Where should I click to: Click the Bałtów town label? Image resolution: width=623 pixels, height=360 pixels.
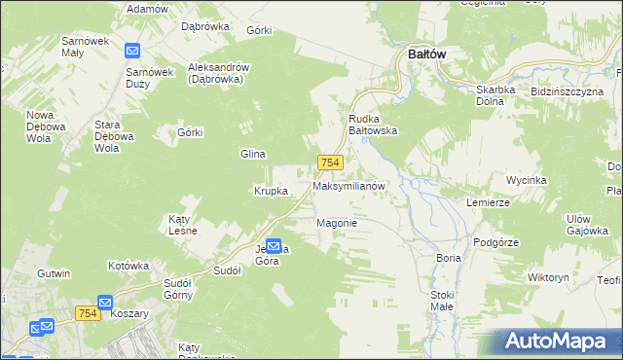click(x=420, y=54)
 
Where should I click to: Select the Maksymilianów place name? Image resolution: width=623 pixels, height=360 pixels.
click(x=349, y=185)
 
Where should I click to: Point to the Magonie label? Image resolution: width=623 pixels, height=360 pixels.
click(x=337, y=223)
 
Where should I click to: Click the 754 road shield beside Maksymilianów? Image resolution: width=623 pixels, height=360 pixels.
click(x=329, y=162)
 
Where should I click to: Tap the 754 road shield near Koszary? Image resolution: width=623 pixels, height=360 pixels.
click(x=87, y=311)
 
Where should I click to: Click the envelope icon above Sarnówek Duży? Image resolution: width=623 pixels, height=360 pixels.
click(x=133, y=51)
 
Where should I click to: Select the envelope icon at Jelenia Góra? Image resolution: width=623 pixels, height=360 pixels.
click(x=274, y=247)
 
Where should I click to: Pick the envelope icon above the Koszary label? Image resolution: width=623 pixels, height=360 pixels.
click(x=105, y=303)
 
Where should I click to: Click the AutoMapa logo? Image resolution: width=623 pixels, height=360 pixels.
click(x=561, y=342)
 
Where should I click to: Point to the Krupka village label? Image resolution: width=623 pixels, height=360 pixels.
click(x=271, y=191)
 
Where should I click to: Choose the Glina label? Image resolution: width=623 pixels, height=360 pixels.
click(x=253, y=154)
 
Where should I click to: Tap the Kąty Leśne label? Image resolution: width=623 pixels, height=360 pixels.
click(x=183, y=225)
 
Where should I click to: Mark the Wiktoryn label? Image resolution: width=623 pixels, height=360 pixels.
click(x=547, y=277)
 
